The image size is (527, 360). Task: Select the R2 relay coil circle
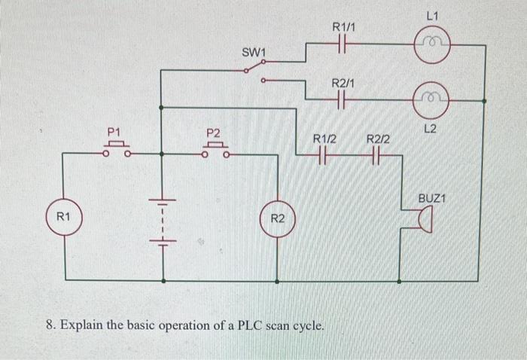pos(277,219)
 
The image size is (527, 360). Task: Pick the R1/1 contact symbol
pos(343,45)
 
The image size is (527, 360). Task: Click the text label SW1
pos(254,52)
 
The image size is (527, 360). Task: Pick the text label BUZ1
pos(433,198)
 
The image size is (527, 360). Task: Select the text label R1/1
pos(343,27)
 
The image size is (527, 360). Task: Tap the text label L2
pos(431,129)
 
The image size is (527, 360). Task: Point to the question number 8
pos(50,326)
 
